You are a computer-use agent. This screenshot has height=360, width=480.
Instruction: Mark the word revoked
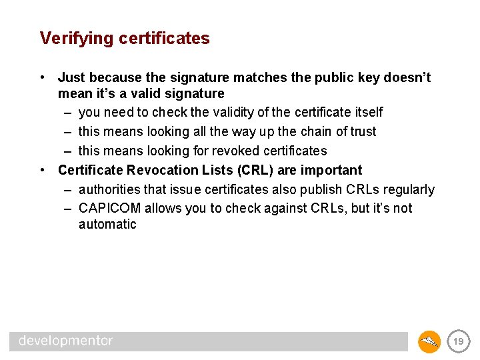216,151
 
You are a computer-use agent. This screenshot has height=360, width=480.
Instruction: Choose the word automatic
107,225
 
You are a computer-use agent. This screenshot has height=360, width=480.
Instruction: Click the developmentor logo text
66,341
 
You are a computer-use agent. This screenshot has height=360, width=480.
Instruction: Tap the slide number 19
458,341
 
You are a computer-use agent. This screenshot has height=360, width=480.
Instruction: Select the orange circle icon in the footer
429,341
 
